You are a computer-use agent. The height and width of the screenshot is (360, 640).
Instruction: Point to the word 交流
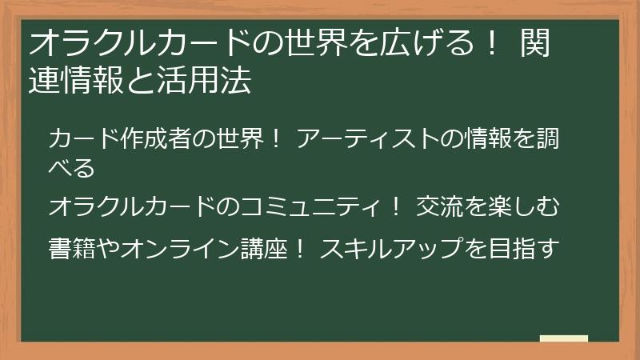(x=438, y=206)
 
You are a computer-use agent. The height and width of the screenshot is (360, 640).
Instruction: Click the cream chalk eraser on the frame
(x=563, y=338)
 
